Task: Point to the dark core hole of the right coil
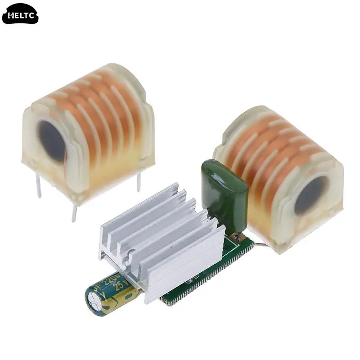click(310, 195)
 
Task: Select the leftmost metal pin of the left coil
click(38, 185)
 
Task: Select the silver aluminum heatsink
click(162, 238)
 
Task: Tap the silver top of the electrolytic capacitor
click(95, 301)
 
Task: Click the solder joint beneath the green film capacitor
click(234, 236)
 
